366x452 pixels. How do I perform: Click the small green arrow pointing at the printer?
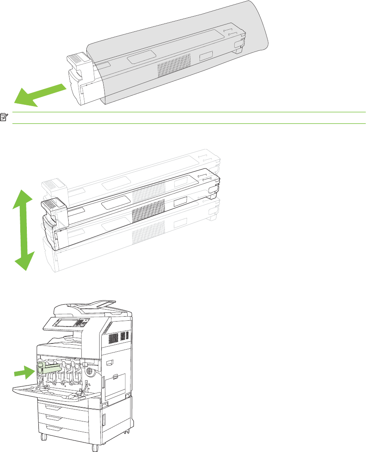[23, 372]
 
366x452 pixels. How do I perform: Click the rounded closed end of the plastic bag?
[260, 29]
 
